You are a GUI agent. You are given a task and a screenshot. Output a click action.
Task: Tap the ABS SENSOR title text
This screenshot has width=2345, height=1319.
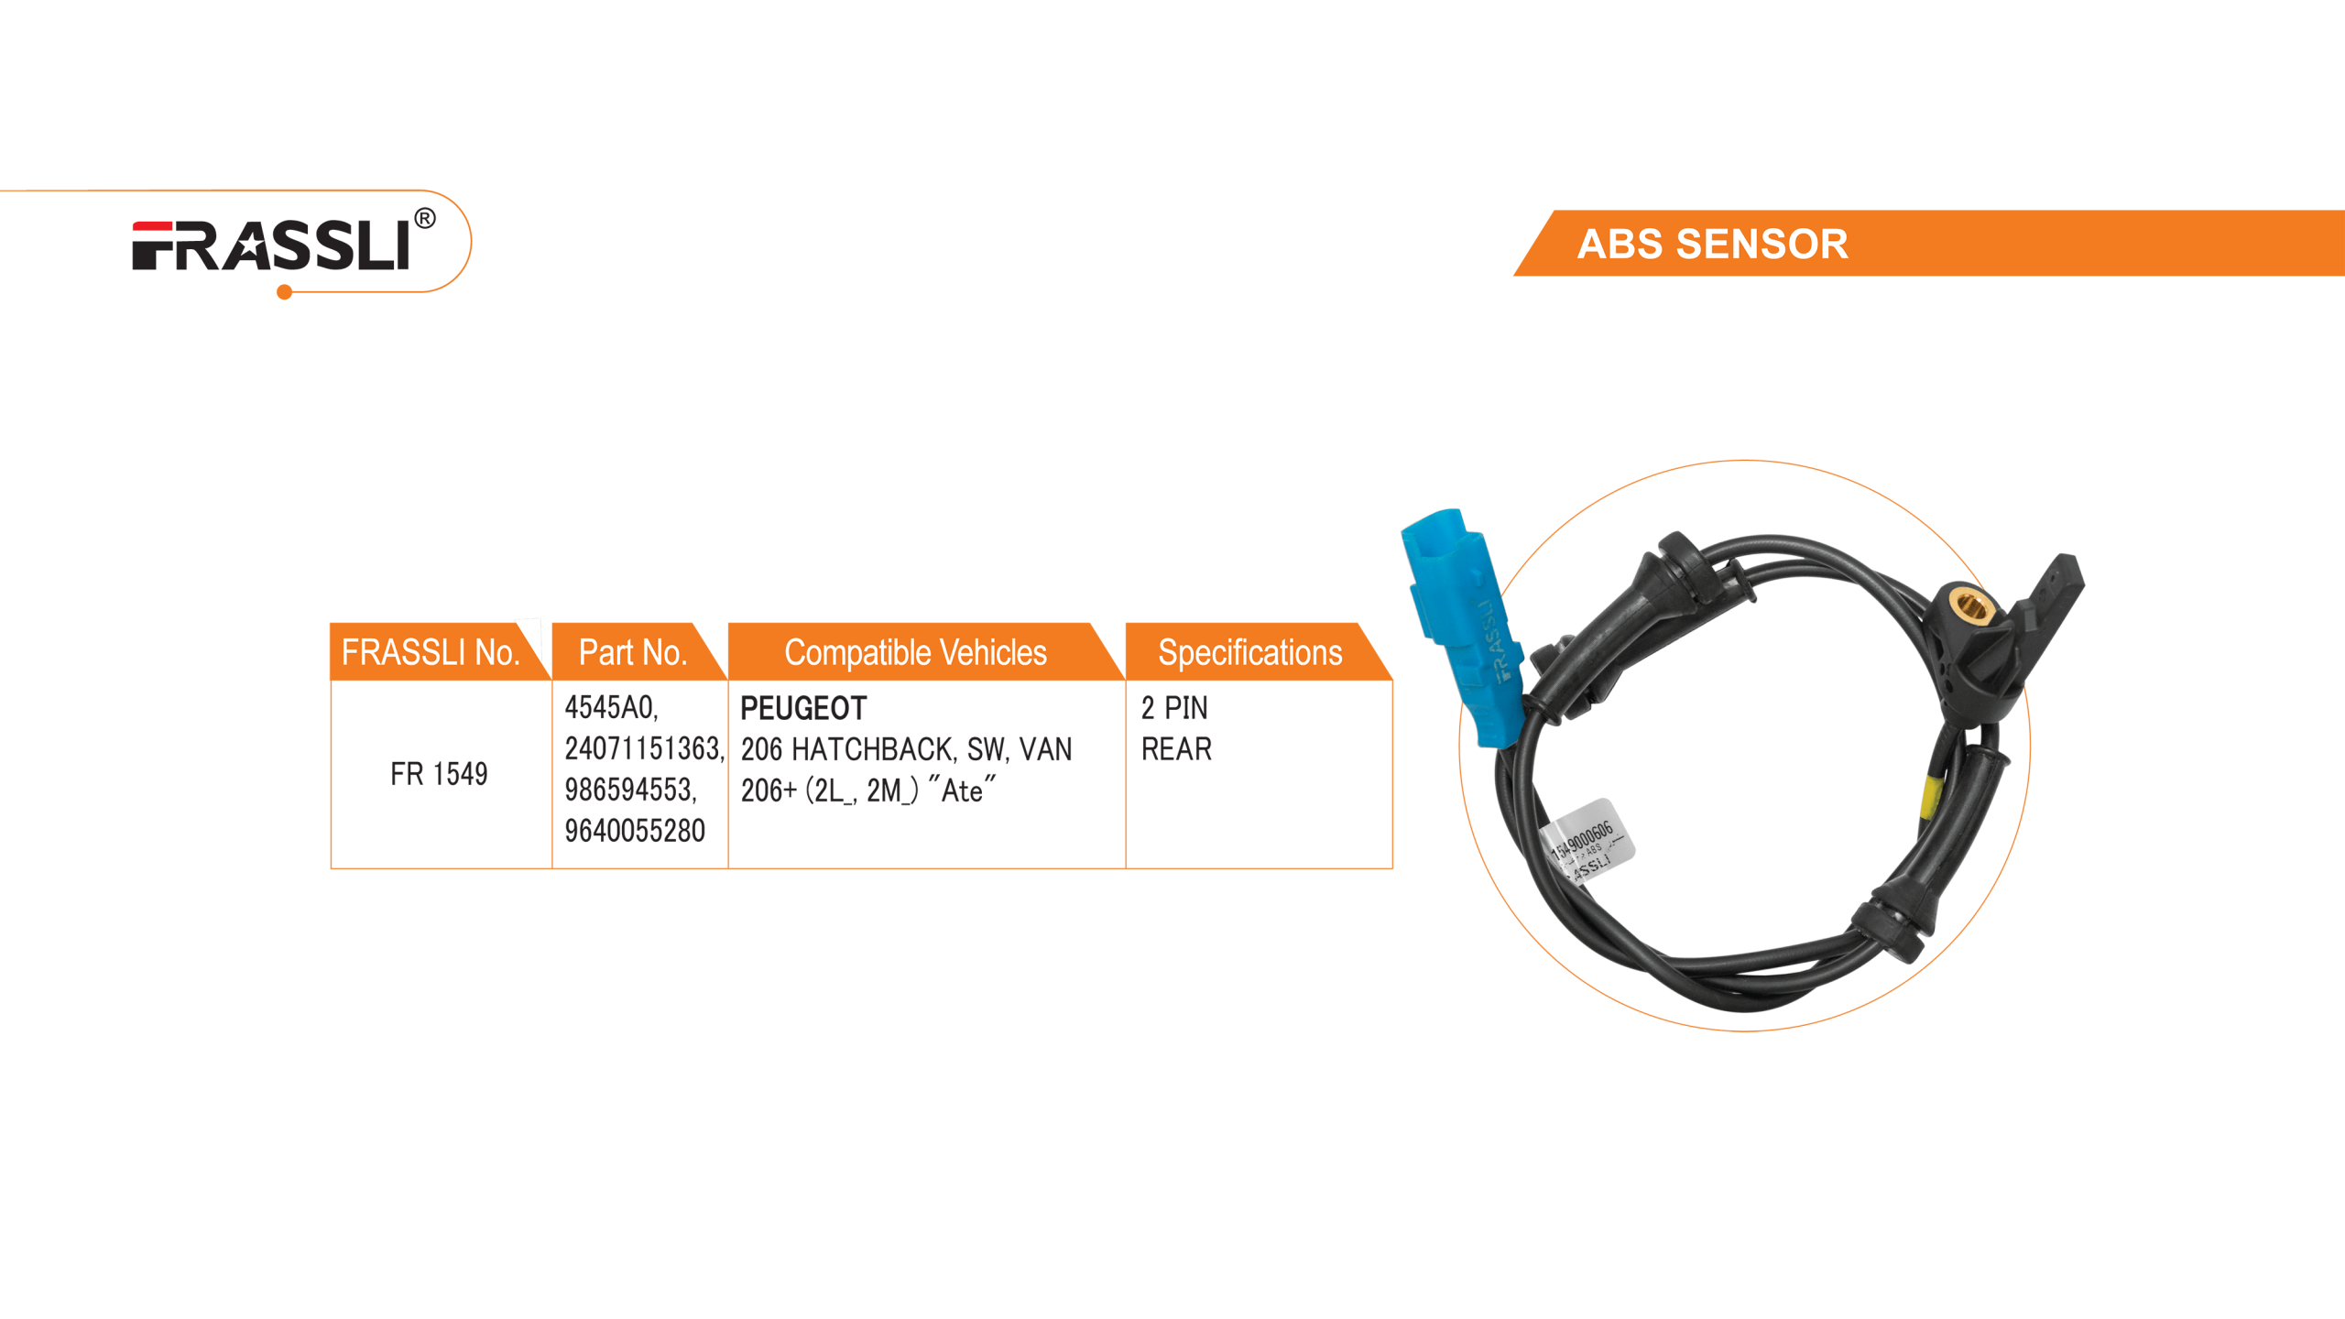click(x=1712, y=245)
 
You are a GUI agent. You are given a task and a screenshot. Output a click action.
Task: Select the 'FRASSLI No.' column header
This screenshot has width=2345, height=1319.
click(x=430, y=653)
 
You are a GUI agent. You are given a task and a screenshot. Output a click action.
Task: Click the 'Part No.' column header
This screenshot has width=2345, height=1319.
click(x=632, y=653)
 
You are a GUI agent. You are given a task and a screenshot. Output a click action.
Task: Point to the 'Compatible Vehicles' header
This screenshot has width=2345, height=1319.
click(x=915, y=653)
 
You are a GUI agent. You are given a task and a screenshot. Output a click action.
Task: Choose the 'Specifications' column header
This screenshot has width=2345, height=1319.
click(x=1249, y=653)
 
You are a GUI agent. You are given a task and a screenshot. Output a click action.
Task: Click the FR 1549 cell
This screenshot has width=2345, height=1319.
click(x=439, y=774)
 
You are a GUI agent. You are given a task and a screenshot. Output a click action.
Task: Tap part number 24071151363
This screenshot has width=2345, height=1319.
click(x=643, y=749)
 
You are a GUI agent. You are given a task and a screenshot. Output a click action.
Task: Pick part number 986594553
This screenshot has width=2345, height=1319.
click(x=630, y=790)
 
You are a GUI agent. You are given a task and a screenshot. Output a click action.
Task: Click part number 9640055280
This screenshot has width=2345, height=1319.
click(x=635, y=831)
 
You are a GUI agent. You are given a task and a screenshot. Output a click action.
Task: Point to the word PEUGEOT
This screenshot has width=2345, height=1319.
click(x=803, y=708)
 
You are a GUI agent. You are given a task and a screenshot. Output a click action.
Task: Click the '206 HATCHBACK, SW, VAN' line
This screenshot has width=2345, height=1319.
click(x=906, y=749)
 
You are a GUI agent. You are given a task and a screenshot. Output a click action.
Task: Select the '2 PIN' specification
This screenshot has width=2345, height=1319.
click(x=1174, y=708)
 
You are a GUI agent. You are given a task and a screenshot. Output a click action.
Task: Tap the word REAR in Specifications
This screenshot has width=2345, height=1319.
click(x=1176, y=749)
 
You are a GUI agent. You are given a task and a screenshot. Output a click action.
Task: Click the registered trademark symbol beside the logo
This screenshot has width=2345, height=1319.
click(x=425, y=219)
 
